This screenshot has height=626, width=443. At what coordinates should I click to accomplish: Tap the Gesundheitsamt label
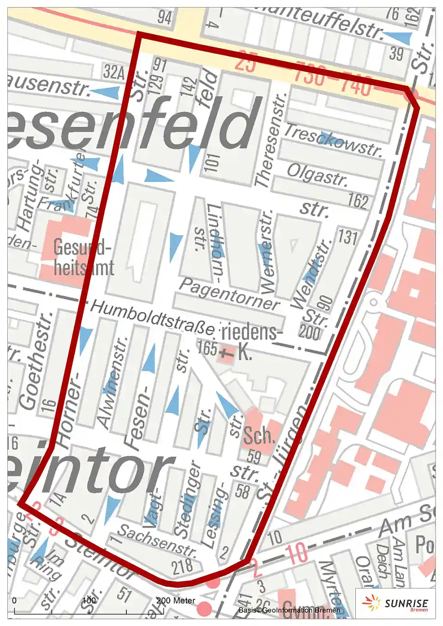click(x=83, y=258)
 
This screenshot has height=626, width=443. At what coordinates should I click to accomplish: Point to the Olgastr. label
click(x=317, y=175)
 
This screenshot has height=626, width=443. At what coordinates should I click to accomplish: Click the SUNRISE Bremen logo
click(x=396, y=603)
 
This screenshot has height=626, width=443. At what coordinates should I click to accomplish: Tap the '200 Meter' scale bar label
click(x=176, y=601)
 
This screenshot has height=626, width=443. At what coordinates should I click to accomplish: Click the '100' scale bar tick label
click(x=89, y=601)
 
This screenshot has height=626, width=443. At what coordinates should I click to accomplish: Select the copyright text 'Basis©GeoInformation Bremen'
click(x=289, y=610)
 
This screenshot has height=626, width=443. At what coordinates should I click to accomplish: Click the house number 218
click(x=183, y=566)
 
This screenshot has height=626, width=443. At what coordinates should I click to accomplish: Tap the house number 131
click(x=347, y=237)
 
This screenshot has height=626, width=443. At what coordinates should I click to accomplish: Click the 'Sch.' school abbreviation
click(x=259, y=435)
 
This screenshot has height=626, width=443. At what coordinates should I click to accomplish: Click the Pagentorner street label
click(x=229, y=294)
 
